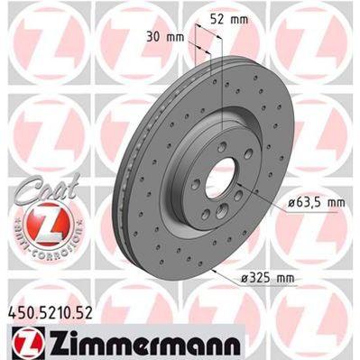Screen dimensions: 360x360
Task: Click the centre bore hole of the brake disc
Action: [219, 174]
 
